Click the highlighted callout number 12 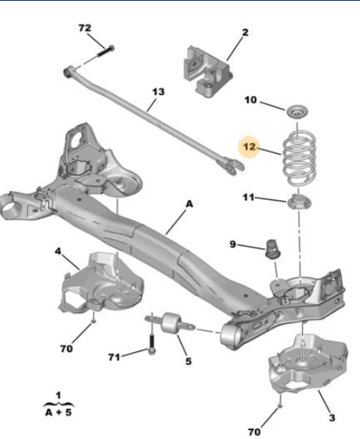(x=249, y=147)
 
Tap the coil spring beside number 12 (x=299, y=158)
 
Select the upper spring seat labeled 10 (x=298, y=112)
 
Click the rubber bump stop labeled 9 (x=273, y=249)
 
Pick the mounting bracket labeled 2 (x=208, y=72)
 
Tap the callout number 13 (x=158, y=92)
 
